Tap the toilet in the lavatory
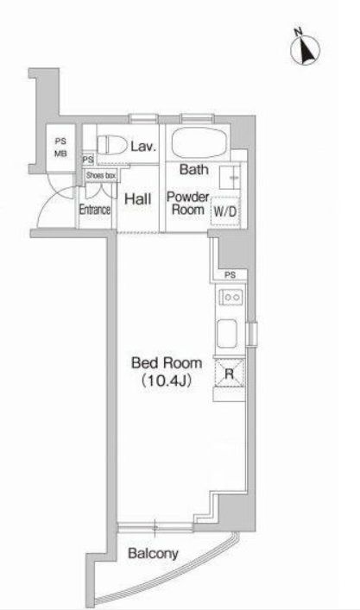coord(111,145)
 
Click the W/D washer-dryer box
coord(225,211)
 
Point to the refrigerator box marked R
coord(230,374)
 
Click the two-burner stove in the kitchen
coord(231,298)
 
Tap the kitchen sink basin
coord(227,333)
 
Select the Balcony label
coord(153,553)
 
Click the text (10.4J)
coord(167,380)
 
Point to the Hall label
coord(138,199)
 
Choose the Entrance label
coord(95,210)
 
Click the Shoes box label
coord(101,175)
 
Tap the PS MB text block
coord(60,148)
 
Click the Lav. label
coord(143,147)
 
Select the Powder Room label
coord(188,203)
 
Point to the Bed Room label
coord(167,362)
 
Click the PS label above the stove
coord(230,275)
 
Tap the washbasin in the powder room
coord(230,178)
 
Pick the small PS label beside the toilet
coord(88,160)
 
